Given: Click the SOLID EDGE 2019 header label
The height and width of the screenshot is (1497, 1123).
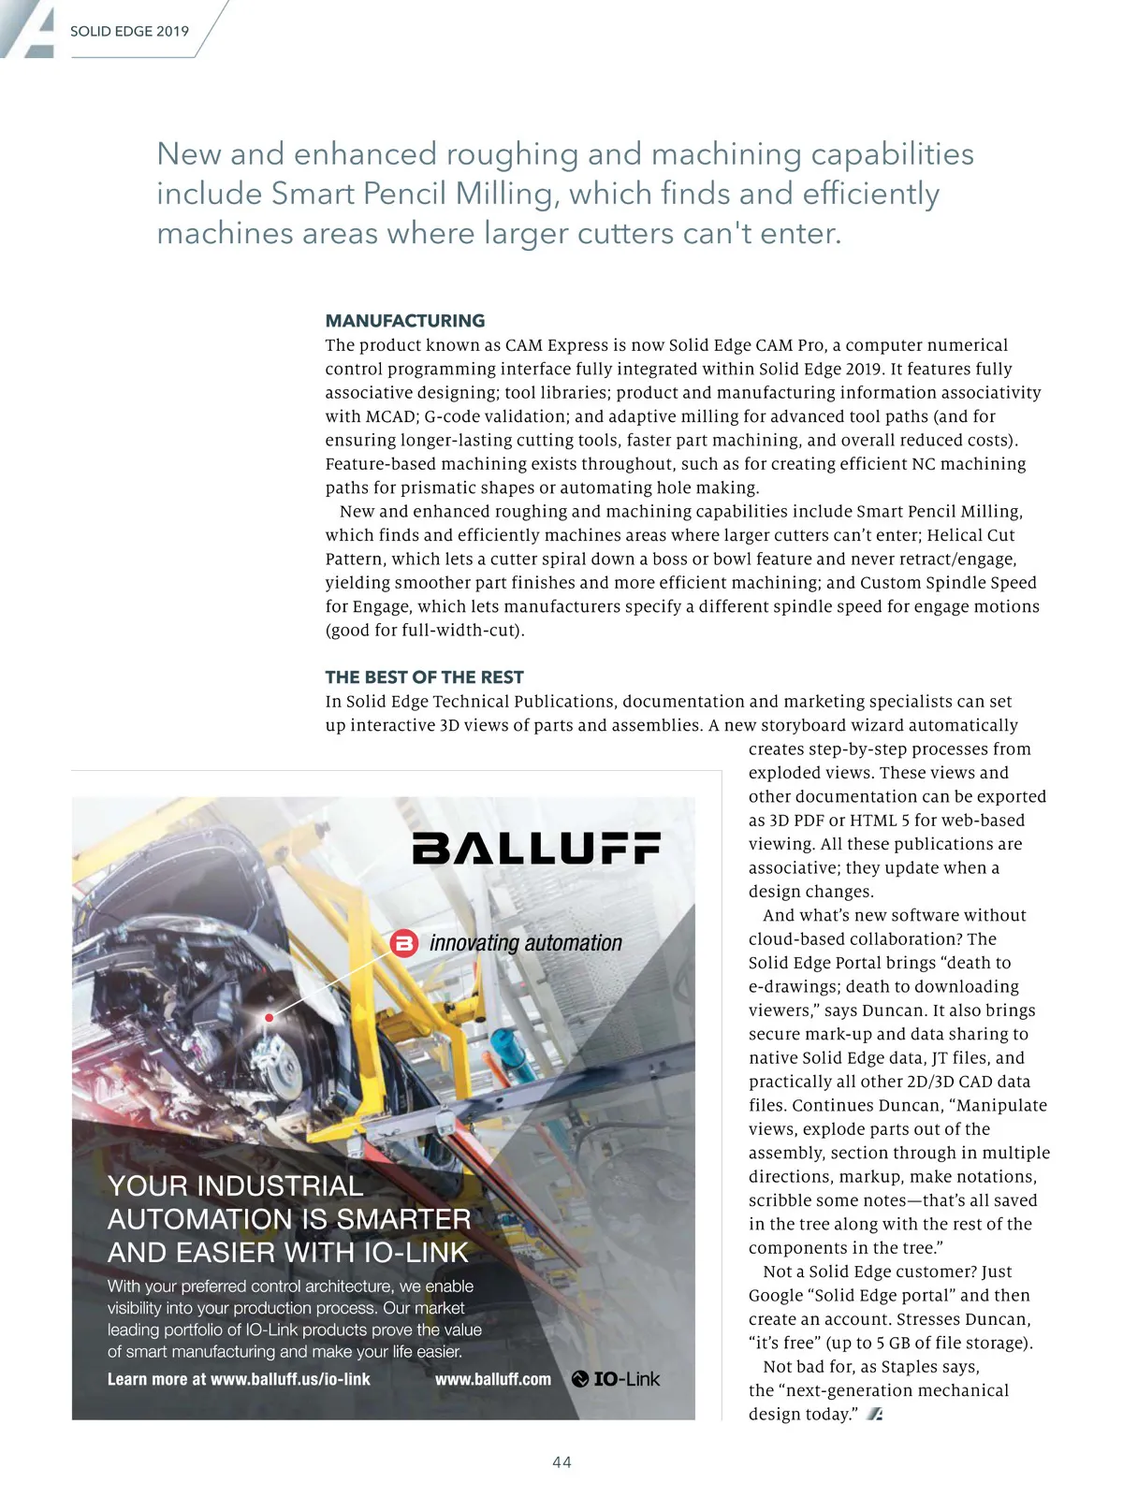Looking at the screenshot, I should click(x=129, y=31).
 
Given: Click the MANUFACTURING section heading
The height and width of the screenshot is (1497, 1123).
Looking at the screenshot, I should click(x=404, y=321).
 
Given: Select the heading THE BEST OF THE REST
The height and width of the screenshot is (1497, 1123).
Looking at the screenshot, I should click(x=424, y=676).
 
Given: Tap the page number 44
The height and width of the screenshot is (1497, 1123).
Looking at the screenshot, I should click(x=561, y=1461).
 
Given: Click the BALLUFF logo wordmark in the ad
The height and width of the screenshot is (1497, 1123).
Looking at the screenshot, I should click(x=536, y=848).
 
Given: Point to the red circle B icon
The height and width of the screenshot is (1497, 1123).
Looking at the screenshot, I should click(x=404, y=943).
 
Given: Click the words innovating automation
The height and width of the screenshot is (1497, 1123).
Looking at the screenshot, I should click(x=525, y=943).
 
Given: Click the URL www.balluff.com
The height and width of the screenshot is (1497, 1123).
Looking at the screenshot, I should click(x=493, y=1379).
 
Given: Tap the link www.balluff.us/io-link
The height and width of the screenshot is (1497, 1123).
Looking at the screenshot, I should click(x=290, y=1379).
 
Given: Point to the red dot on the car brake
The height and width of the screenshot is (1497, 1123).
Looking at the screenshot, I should click(x=270, y=1017).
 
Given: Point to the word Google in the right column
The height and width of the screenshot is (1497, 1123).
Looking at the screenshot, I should click(x=776, y=1296).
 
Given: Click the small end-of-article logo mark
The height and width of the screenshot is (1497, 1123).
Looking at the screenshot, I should click(x=875, y=1415).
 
